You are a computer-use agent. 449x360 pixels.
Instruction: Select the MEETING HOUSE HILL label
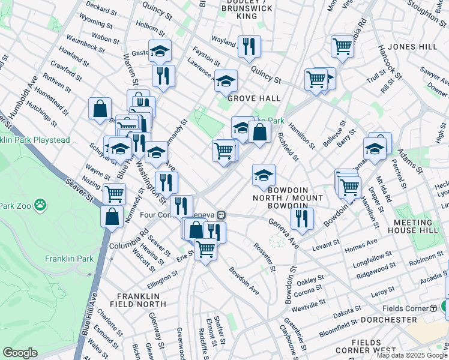pos(418,224)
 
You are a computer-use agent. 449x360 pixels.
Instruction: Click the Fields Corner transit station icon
pos(433,308)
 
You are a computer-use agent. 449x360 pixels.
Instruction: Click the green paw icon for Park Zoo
pos(40,205)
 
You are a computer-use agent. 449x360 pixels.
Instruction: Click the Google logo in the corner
pos(20,353)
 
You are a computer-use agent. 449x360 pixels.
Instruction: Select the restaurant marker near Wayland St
pos(249,46)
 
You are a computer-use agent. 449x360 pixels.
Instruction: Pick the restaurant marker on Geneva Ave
pos(302,218)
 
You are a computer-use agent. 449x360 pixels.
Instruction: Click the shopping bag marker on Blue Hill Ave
pos(112,217)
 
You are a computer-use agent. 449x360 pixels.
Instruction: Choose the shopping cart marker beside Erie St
pos(205,248)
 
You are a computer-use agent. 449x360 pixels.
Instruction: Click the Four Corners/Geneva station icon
pos(221,215)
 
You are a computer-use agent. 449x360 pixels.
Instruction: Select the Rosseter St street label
pos(264,257)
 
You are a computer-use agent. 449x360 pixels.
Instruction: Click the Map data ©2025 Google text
pos(412,355)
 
